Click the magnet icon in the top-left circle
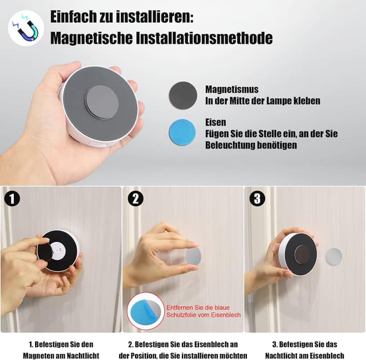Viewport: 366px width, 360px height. coord(26,29)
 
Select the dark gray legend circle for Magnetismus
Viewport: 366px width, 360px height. coord(183,95)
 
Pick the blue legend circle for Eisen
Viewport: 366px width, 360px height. coord(182,132)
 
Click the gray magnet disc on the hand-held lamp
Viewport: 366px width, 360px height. coord(102,102)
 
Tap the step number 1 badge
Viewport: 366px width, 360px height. coord(12,199)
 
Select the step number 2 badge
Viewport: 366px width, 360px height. coord(136,199)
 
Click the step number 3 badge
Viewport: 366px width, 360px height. coord(257,199)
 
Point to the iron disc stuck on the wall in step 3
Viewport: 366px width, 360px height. coord(333,257)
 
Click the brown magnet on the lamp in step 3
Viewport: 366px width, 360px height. coord(302,254)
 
